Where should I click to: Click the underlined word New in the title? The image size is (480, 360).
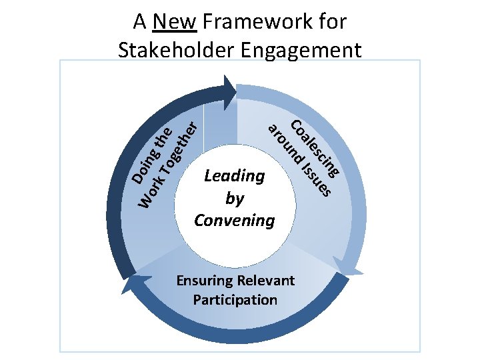tap(174, 22)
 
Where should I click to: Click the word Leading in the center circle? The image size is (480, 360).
tap(234, 176)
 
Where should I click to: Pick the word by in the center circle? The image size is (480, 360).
tap(234, 199)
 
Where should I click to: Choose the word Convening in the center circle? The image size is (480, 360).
tap(234, 220)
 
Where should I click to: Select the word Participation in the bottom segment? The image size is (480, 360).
tap(235, 299)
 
